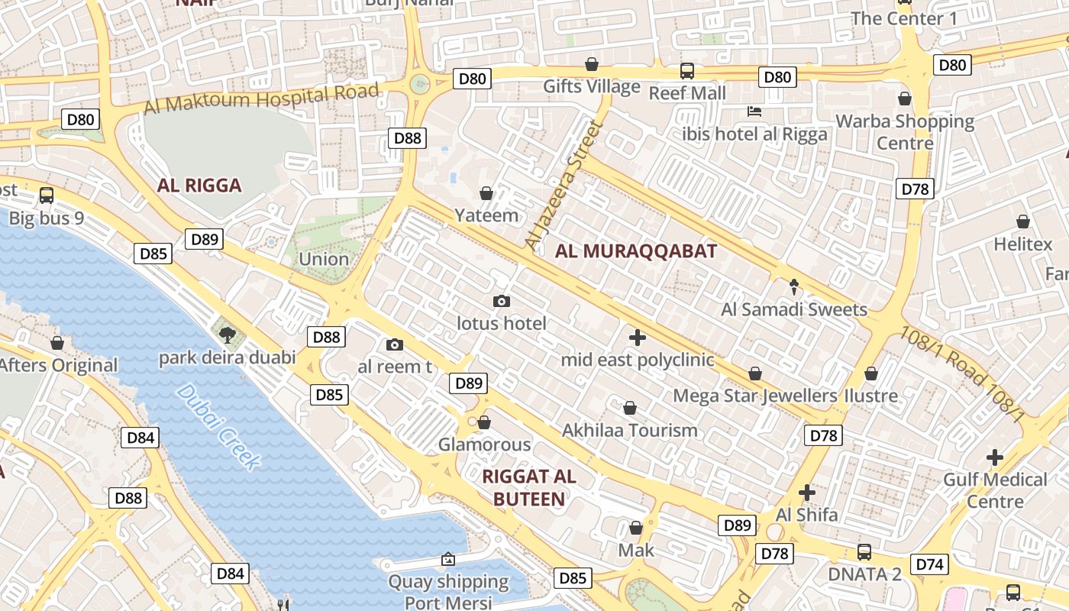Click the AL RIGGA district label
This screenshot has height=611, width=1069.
(199, 185)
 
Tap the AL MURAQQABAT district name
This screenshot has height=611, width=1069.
(636, 251)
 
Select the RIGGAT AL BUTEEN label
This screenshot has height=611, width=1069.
(529, 487)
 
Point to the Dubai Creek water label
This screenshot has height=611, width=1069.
(218, 426)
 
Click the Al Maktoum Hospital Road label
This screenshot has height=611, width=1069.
(262, 98)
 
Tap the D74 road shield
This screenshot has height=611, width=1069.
(929, 564)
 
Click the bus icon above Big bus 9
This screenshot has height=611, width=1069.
(47, 195)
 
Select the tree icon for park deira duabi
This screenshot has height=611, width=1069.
(227, 334)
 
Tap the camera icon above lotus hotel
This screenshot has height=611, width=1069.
(502, 301)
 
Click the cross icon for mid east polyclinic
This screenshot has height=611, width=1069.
(638, 337)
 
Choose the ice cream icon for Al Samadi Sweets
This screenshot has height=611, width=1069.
(794, 287)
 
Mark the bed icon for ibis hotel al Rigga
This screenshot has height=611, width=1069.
(754, 112)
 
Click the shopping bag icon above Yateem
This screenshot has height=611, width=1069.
(486, 193)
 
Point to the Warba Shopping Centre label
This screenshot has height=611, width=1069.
(905, 131)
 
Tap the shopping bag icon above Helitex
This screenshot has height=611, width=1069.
(1022, 221)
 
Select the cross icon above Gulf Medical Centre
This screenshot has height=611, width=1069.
(994, 457)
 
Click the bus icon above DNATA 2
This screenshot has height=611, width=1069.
(864, 551)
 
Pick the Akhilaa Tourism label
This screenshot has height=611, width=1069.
(630, 430)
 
